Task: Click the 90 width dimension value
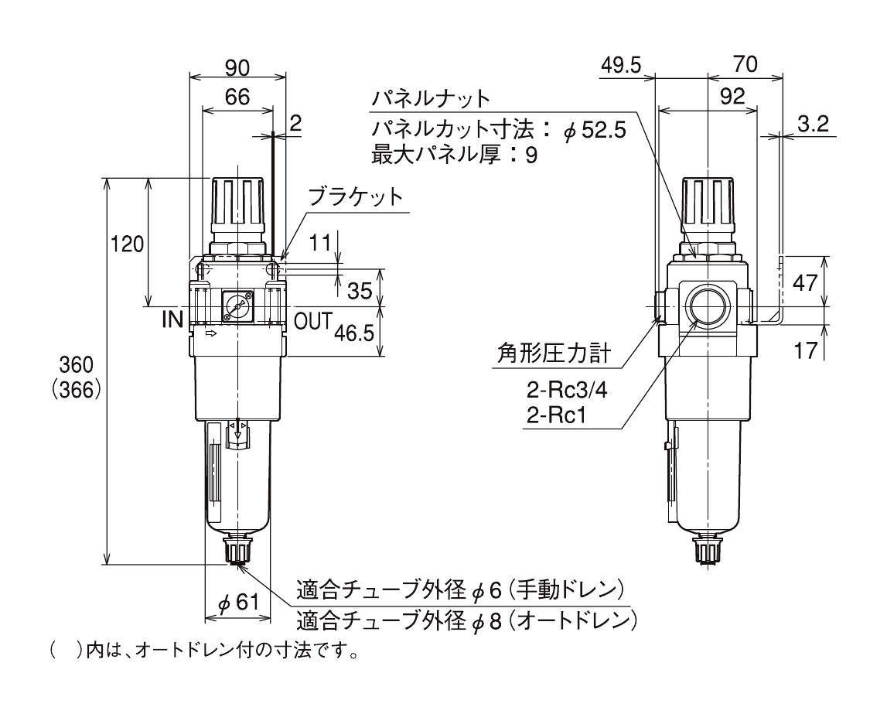pyautogui.click(x=237, y=68)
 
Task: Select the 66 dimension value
pyautogui.click(x=237, y=97)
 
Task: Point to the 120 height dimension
pyautogui.click(x=127, y=244)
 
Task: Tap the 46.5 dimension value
pyautogui.click(x=354, y=333)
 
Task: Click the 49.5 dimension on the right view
pyautogui.click(x=620, y=66)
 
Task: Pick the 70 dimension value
pyautogui.click(x=745, y=64)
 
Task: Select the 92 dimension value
pyautogui.click(x=733, y=96)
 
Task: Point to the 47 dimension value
pyautogui.click(x=805, y=282)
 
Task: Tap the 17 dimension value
pyautogui.click(x=806, y=350)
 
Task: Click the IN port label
pyautogui.click(x=173, y=320)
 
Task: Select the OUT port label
pyautogui.click(x=313, y=321)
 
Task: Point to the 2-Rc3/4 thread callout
pyautogui.click(x=567, y=390)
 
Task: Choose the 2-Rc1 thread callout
pyautogui.click(x=556, y=416)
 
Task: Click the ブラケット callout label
pyautogui.click(x=355, y=197)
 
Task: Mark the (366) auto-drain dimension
pyautogui.click(x=76, y=390)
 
